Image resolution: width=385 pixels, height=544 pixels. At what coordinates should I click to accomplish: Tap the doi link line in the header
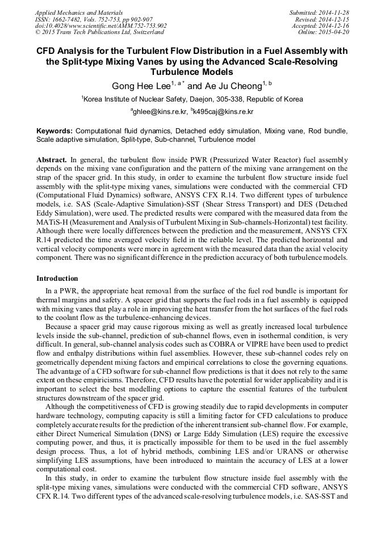(101, 26)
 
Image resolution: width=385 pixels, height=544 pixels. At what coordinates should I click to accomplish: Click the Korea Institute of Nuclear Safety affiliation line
(192, 99)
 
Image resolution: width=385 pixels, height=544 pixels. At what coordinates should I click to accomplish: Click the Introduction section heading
(57, 279)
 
